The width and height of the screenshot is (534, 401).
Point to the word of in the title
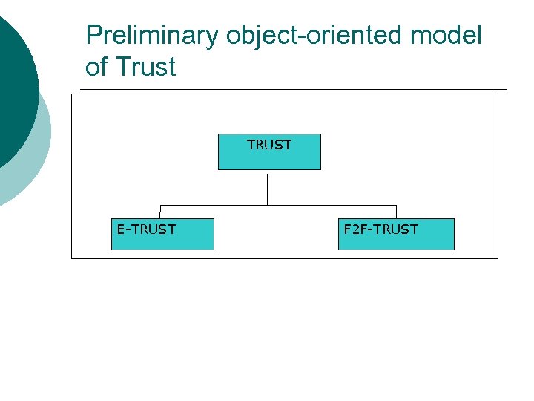tap(96, 68)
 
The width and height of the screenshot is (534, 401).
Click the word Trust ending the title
tap(146, 68)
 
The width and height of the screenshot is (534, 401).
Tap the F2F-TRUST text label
tap(380, 229)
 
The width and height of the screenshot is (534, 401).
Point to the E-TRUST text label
tap(146, 229)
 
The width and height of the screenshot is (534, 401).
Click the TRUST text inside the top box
tap(269, 145)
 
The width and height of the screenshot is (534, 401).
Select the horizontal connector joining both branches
tap(334, 205)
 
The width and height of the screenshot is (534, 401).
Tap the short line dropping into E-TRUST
tap(160, 212)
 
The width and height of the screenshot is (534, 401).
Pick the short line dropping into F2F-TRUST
tap(396, 212)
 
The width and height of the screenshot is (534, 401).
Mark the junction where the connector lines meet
tap(268, 205)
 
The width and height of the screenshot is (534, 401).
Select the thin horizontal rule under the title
tap(297, 90)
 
